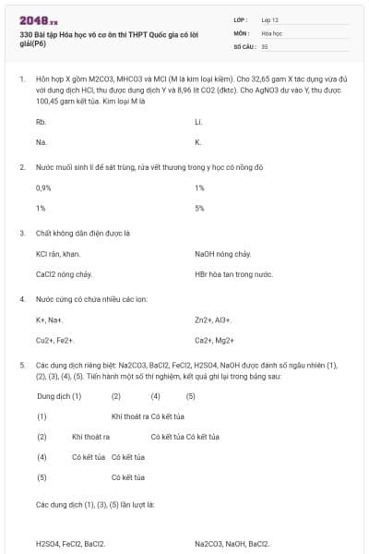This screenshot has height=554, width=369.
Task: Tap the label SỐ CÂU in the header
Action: pos(244,45)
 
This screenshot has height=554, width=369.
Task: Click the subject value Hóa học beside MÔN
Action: pos(271,32)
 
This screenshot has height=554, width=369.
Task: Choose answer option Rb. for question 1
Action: pos(41,122)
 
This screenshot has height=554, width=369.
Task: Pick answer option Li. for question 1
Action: pos(198,122)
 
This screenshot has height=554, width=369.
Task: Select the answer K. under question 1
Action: pos(197,142)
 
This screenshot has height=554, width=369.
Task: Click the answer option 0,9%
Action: pos(43,187)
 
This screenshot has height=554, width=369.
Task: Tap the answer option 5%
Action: pos(199,208)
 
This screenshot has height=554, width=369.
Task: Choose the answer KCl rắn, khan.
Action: pos(58,254)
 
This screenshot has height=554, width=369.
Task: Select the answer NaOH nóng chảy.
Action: pos(223,254)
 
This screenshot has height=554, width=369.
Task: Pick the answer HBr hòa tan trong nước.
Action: pos(233,274)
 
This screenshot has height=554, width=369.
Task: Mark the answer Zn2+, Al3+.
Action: pos(213,319)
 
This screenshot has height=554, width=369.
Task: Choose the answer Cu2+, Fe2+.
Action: pos(54,340)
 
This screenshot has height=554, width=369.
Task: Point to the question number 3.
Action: pos(21,233)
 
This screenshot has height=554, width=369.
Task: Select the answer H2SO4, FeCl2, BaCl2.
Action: pos(70,543)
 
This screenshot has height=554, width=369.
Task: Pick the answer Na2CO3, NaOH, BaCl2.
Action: pos(232,543)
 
